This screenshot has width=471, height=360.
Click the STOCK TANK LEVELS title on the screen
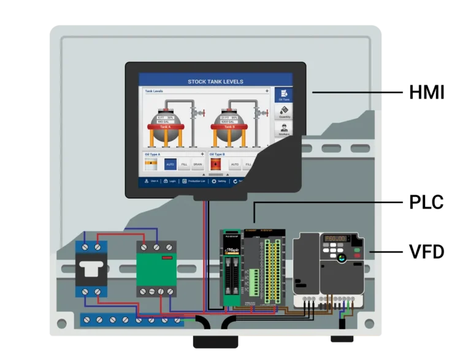point(215,82)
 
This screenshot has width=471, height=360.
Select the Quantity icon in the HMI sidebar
point(284,112)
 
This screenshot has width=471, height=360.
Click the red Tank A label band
point(164,127)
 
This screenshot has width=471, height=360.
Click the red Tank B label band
point(228,127)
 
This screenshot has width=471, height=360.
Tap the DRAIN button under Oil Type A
point(197,164)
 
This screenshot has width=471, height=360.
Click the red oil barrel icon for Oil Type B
point(215,164)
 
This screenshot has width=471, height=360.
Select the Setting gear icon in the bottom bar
point(214,181)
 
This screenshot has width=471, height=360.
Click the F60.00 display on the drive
point(335,239)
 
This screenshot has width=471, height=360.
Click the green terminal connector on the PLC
point(254,283)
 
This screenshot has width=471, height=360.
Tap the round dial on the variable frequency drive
point(342,258)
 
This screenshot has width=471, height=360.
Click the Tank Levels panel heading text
point(154,91)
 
